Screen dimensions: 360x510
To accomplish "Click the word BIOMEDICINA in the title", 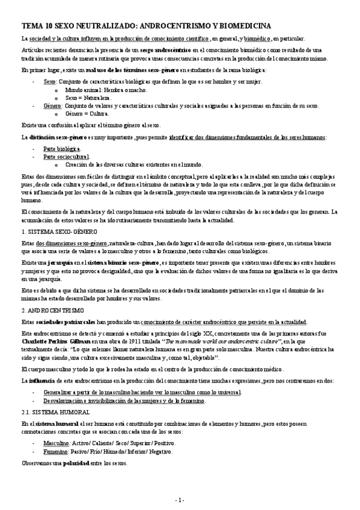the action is tap(241, 25).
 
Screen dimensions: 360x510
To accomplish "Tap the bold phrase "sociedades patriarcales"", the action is tap(65, 322).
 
